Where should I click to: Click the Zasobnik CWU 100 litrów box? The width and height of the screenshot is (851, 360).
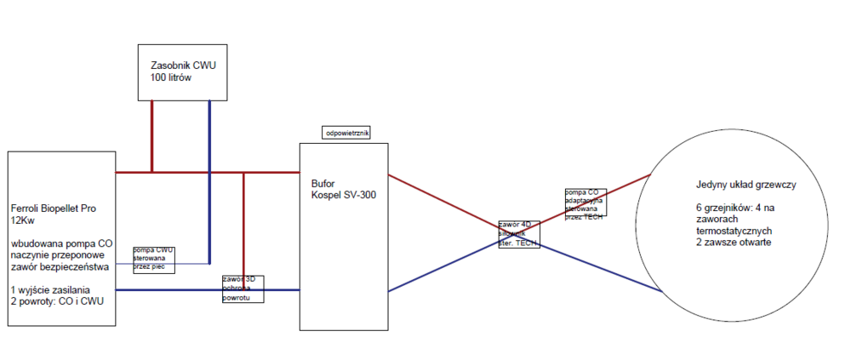[183, 71]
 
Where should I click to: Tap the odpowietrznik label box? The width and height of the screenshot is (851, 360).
[346, 133]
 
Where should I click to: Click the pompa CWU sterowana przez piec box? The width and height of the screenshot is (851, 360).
[154, 258]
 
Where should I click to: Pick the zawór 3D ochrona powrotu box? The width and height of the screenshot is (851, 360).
[243, 289]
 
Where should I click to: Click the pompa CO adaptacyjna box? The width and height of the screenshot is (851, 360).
[585, 202]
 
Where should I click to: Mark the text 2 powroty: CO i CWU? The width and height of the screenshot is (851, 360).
[58, 302]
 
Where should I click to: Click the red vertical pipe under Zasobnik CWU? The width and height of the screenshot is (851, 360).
[151, 136]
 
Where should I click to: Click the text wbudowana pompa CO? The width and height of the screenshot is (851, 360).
[60, 243]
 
